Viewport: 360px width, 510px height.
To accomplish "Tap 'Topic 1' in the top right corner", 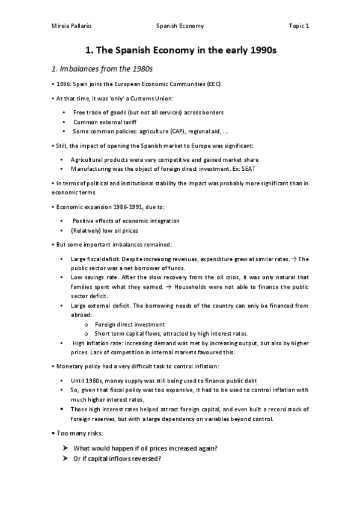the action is (x=298, y=26).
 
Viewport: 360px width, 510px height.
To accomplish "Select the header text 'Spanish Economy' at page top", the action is (x=180, y=26).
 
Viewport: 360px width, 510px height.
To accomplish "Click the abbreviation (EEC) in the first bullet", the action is (x=212, y=84).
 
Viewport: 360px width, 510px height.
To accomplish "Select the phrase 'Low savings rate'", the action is (x=96, y=277).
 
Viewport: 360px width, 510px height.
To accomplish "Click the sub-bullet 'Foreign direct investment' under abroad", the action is (x=130, y=325).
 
